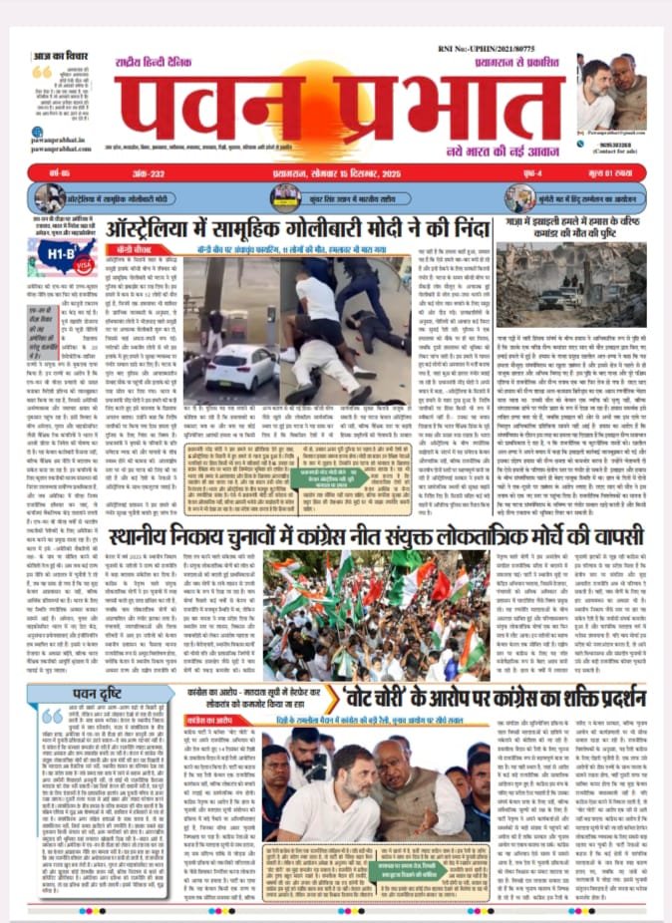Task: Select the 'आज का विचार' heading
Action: [59, 55]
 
